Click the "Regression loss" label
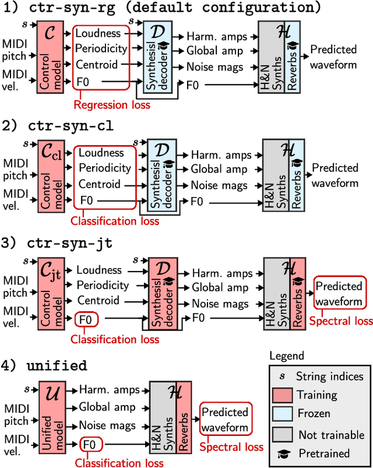(x=111, y=105)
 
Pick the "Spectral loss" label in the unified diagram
(x=231, y=447)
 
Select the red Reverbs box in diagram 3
(x=296, y=295)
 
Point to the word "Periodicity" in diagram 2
(x=104, y=168)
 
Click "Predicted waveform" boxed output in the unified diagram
(x=224, y=420)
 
